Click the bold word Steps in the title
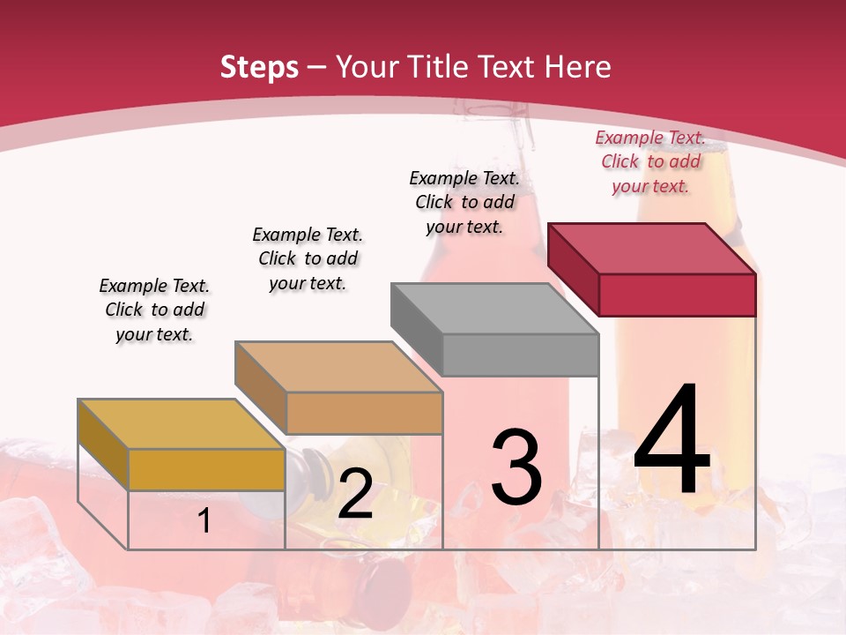pyautogui.click(x=259, y=67)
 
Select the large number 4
pyautogui.click(x=672, y=441)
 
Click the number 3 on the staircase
pyautogui.click(x=516, y=467)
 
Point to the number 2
pyautogui.click(x=355, y=495)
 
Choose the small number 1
pyautogui.click(x=204, y=521)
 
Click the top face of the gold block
pyautogui.click(x=182, y=424)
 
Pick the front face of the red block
pyautogui.click(x=677, y=295)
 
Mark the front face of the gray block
pyautogui.click(x=520, y=355)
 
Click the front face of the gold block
pyautogui.click(x=206, y=469)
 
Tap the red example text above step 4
pyautogui.click(x=650, y=161)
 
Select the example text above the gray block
pyautogui.click(x=464, y=202)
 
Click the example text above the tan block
pyautogui.click(x=308, y=258)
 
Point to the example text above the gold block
pyautogui.click(x=154, y=310)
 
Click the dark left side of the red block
pyautogui.click(x=573, y=268)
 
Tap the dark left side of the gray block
pyautogui.click(x=416, y=328)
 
